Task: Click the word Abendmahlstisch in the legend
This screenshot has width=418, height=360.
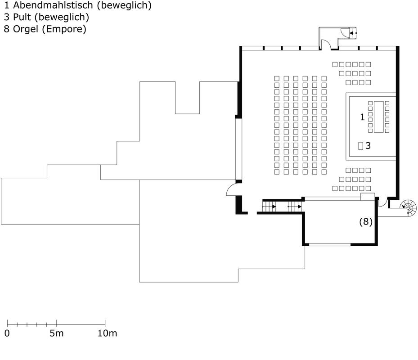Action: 53,5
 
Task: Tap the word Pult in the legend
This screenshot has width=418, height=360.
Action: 22,17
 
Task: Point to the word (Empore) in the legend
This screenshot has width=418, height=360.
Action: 64,29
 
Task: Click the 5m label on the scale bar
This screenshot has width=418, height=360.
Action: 57,333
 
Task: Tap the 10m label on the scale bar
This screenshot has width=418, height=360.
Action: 107,333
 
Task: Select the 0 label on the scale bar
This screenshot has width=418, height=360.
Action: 7,333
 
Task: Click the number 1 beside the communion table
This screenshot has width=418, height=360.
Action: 362,117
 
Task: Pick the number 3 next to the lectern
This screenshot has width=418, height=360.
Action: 368,146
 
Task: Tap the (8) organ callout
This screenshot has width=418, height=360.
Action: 366,221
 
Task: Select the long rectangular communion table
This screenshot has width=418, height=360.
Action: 378,117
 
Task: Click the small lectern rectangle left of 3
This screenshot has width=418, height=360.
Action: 361,146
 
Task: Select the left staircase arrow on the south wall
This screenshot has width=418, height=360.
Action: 269,207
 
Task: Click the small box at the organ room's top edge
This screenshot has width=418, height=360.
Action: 368,197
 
